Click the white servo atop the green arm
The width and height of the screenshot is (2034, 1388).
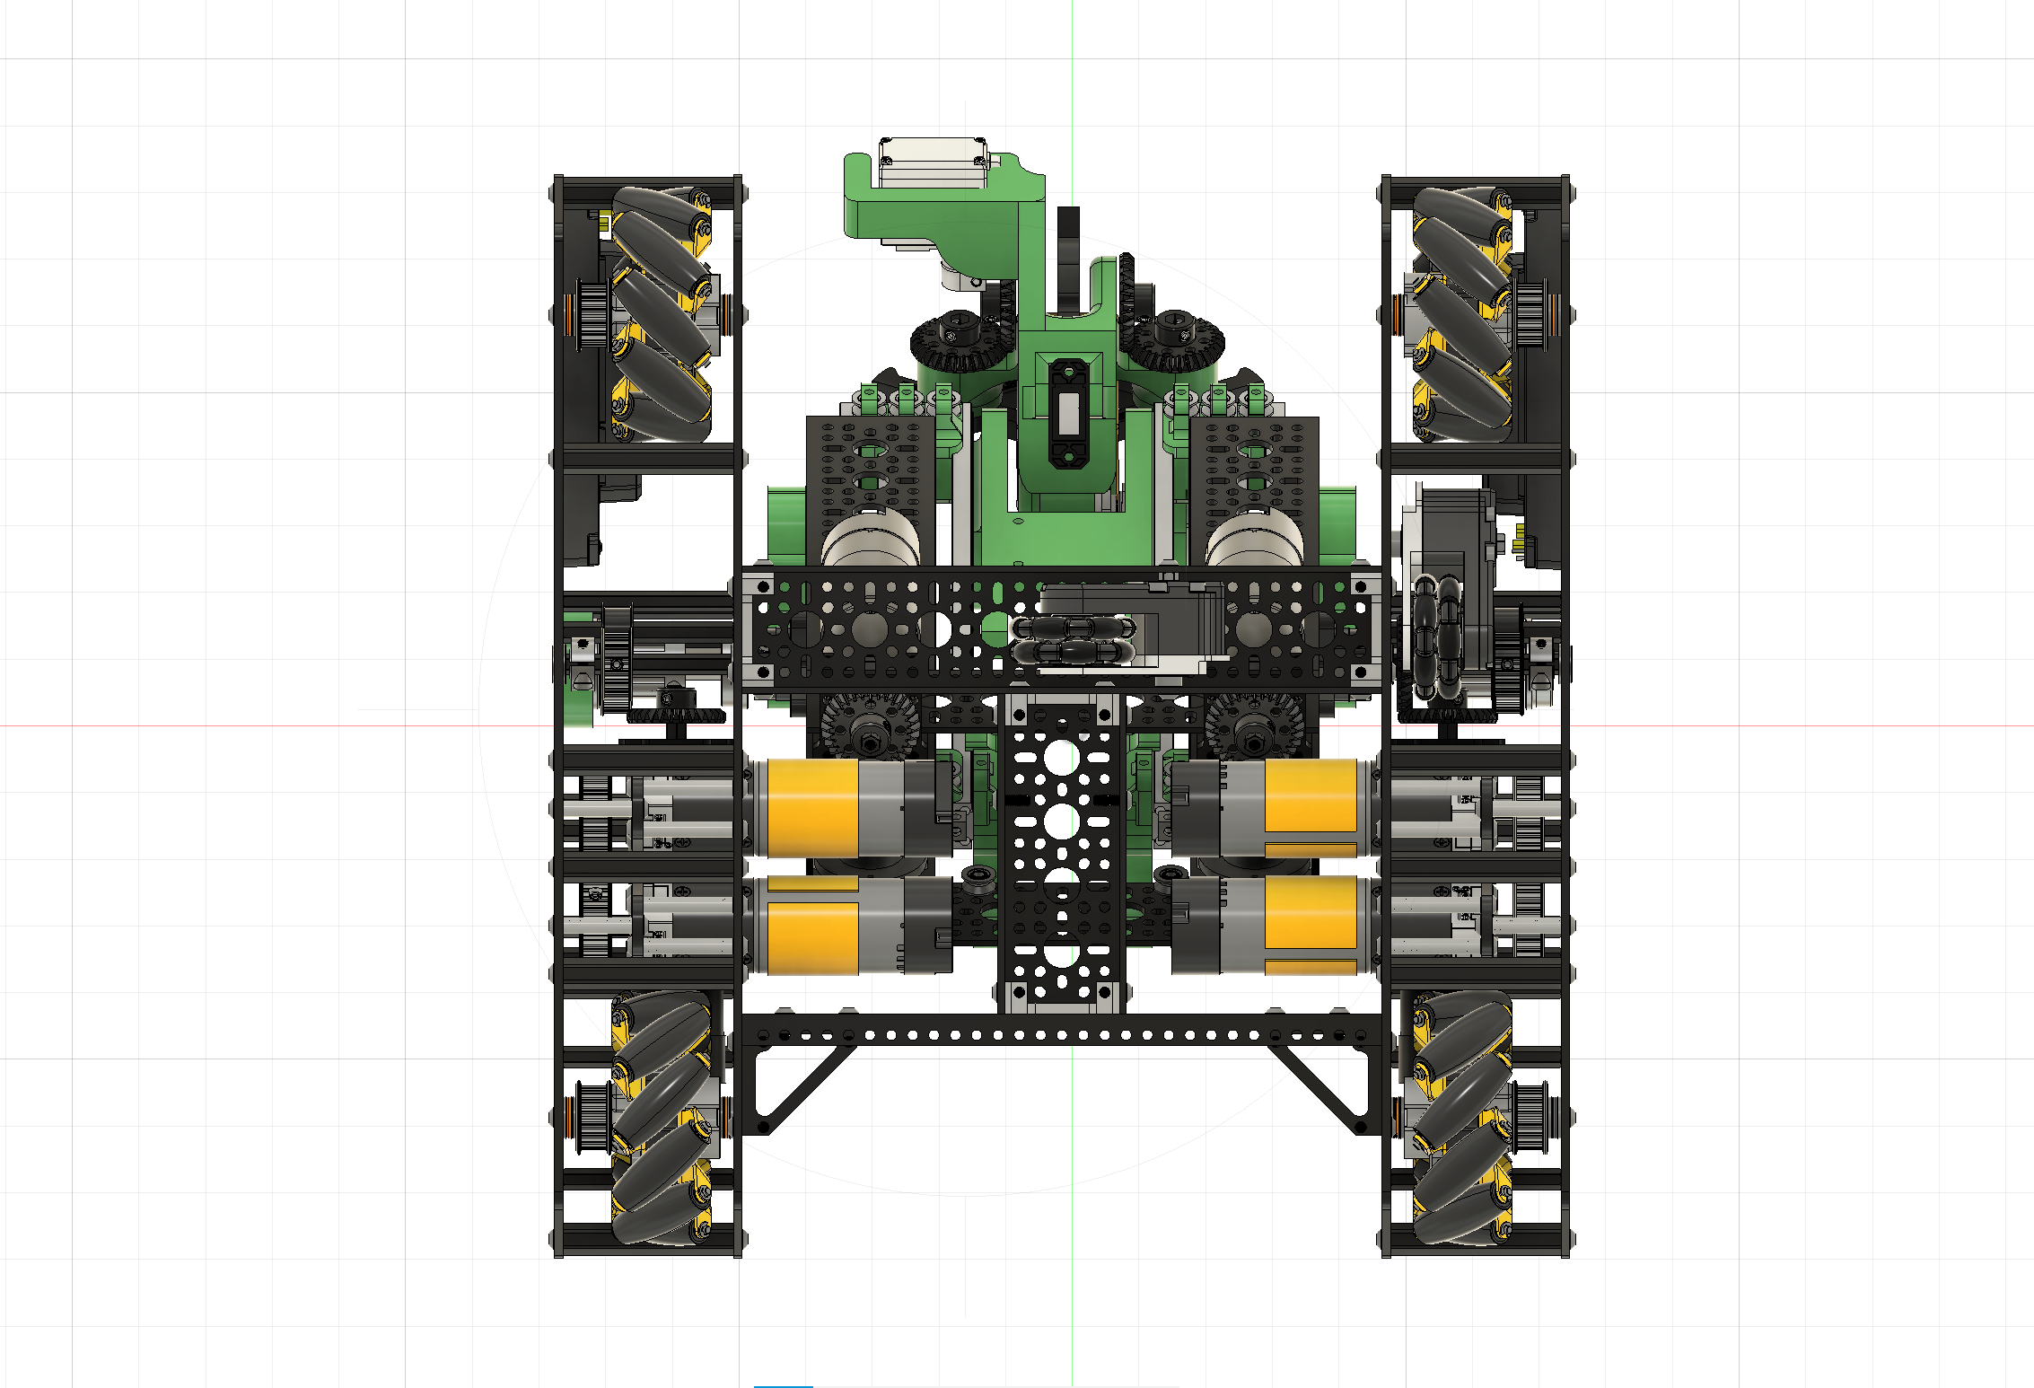(934, 162)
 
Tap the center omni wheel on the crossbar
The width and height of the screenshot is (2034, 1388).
(1073, 639)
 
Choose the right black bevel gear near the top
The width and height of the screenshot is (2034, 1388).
(1171, 341)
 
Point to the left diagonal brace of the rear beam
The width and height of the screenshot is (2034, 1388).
(803, 1091)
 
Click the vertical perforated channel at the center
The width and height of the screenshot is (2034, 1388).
(1062, 853)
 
